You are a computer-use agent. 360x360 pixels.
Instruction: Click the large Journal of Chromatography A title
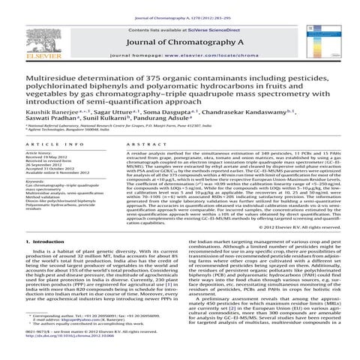(179, 40)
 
